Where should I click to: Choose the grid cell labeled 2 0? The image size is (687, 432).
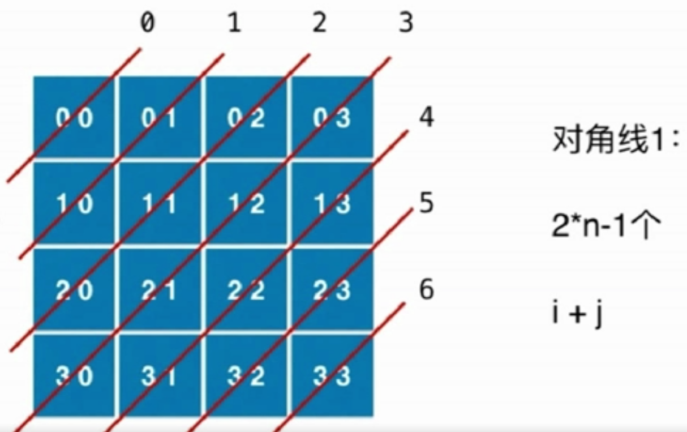click(74, 290)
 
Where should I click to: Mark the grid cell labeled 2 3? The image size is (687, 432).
click(332, 290)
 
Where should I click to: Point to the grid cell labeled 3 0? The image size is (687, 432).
click(74, 376)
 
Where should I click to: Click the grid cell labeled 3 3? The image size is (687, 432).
click(332, 376)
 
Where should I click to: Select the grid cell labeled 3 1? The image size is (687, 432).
click(161, 376)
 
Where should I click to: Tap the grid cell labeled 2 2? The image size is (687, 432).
click(247, 290)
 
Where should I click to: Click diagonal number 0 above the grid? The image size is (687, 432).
click(147, 24)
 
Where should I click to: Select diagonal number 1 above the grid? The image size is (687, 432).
click(233, 24)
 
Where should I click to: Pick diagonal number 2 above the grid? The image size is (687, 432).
click(320, 24)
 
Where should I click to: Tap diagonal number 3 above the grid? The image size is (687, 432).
click(406, 24)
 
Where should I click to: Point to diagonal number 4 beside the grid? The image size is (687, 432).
click(427, 118)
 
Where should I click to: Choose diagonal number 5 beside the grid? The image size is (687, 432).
click(427, 204)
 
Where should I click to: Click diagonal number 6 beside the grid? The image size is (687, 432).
click(427, 290)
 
